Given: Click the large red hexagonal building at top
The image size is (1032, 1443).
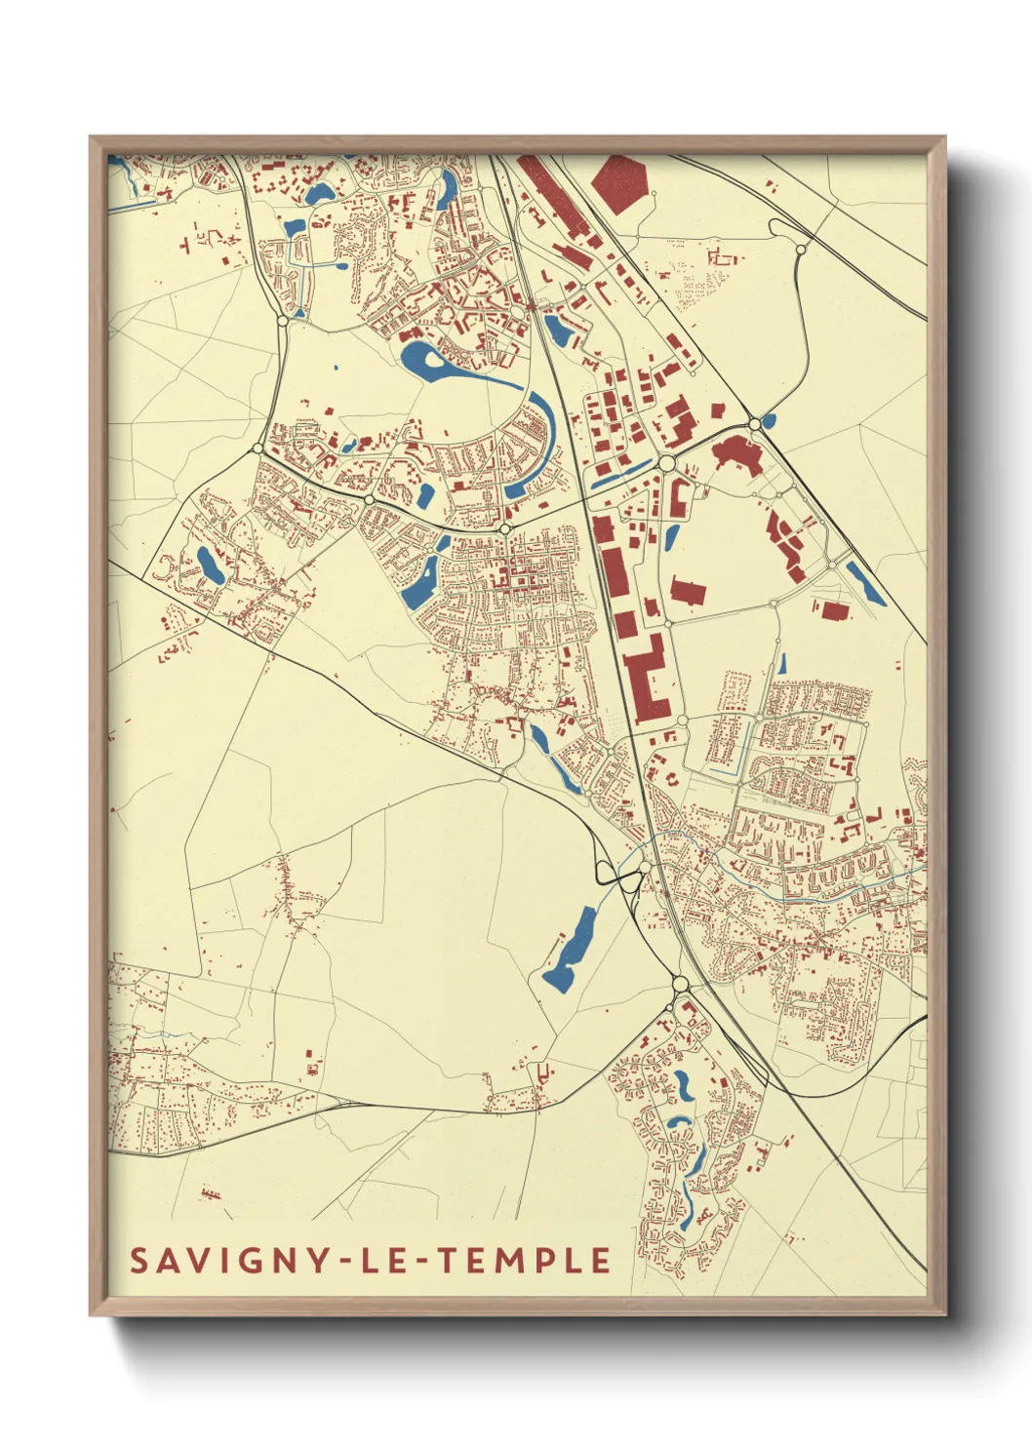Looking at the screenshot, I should point(620,181).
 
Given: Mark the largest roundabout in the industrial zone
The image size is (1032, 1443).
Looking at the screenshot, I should point(667,463).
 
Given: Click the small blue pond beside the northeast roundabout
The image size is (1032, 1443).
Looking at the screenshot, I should point(770,421).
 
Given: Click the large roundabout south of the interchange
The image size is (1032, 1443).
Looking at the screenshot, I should point(680,985).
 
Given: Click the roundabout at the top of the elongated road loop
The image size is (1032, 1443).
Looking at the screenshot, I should point(801,250).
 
